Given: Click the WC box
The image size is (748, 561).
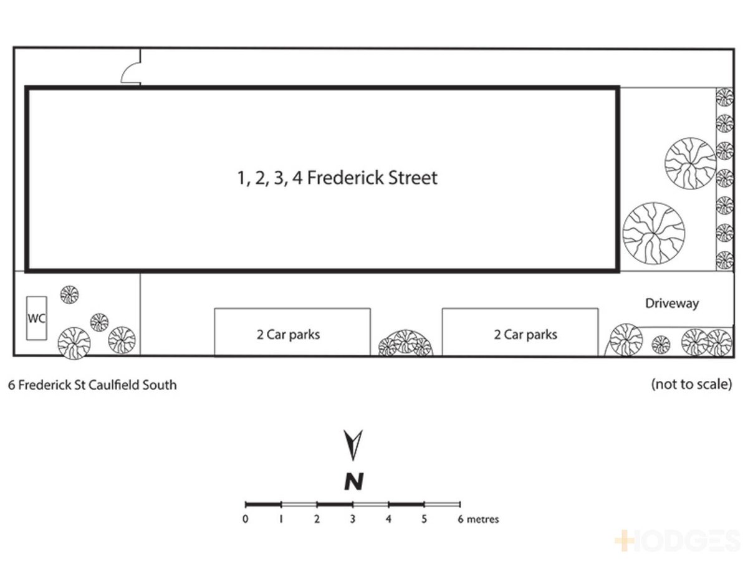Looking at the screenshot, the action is (x=36, y=318).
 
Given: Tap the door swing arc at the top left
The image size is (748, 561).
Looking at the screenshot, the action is (x=126, y=70).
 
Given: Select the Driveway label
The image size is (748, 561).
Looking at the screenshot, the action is (x=672, y=303).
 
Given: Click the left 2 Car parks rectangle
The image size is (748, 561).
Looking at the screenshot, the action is (x=292, y=332).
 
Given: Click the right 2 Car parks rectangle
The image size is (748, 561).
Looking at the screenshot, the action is (x=520, y=332).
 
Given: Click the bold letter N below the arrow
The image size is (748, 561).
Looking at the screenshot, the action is (x=353, y=481).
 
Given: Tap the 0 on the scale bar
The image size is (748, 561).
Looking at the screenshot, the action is (x=246, y=519).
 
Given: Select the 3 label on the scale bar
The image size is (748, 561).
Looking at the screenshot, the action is (x=353, y=519).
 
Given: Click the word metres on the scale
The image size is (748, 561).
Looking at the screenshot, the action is (x=482, y=519).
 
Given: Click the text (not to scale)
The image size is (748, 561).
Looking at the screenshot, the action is (x=691, y=384).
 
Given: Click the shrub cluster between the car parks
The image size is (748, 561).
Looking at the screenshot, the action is (x=406, y=343).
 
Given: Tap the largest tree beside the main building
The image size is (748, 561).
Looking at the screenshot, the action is (x=653, y=233).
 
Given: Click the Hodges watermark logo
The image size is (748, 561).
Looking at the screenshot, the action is (x=678, y=540).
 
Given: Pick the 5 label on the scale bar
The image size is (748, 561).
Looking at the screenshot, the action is (x=424, y=519).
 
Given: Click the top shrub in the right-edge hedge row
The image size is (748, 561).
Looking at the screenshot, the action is (x=724, y=97).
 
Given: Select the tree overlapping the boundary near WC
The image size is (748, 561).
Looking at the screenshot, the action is (x=74, y=343).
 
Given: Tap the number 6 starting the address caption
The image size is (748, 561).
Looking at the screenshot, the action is (x=12, y=385).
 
